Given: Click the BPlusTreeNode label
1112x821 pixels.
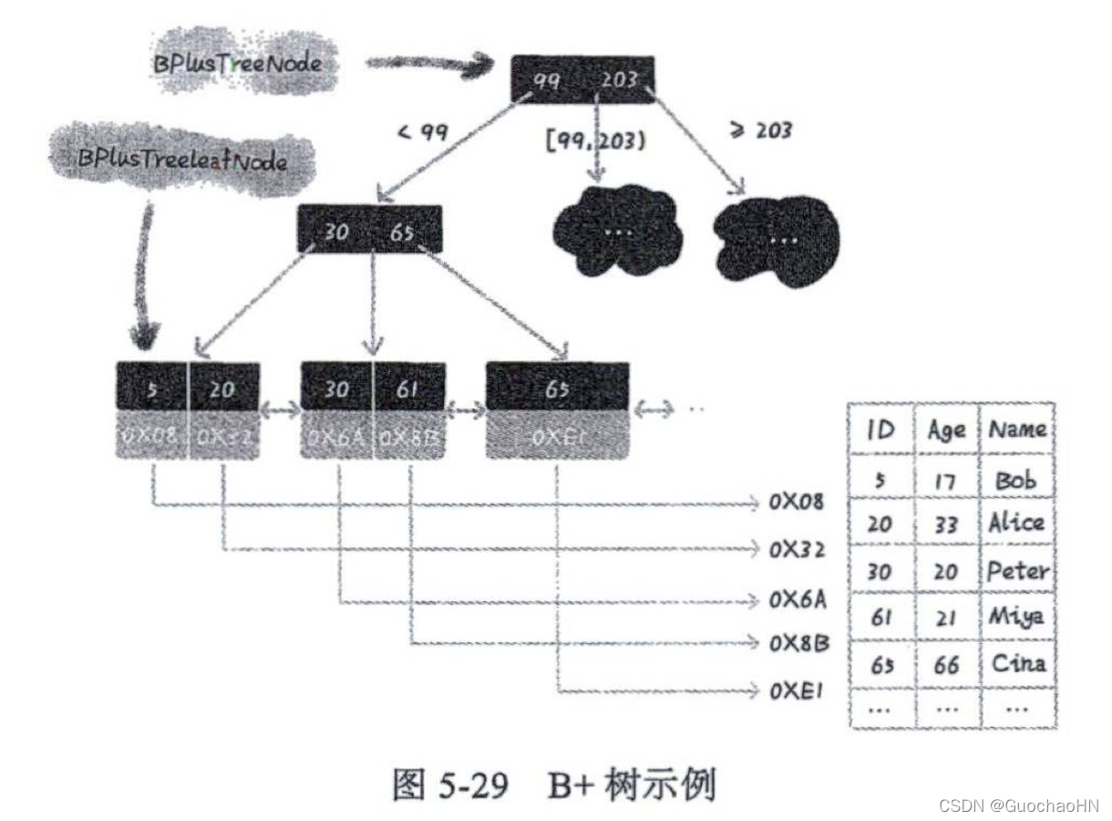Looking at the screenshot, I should pos(237,65).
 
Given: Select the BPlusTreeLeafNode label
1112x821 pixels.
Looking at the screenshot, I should pos(182,161).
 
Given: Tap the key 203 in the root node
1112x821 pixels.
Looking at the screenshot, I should pos(619,81).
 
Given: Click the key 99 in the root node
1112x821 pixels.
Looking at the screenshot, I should pos(546,81).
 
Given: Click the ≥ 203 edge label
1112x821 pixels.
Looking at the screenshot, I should pos(761,130).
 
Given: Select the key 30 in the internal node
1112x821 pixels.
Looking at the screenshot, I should pos(335,232).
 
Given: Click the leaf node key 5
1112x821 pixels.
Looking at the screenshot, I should pos(152,390).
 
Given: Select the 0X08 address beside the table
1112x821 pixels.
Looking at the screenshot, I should pos(797,503).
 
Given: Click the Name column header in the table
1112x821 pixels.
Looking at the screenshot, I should pos(1017,429).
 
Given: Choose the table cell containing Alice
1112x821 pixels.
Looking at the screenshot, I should pos(1016,523).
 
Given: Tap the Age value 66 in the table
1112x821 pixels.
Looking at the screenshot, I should pos(946,664).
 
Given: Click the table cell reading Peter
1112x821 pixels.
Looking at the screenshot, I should pos(1017,571).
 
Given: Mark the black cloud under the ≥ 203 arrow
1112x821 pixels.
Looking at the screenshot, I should pos(776,240).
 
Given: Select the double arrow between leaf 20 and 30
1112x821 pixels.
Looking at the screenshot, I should pos(280,412).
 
